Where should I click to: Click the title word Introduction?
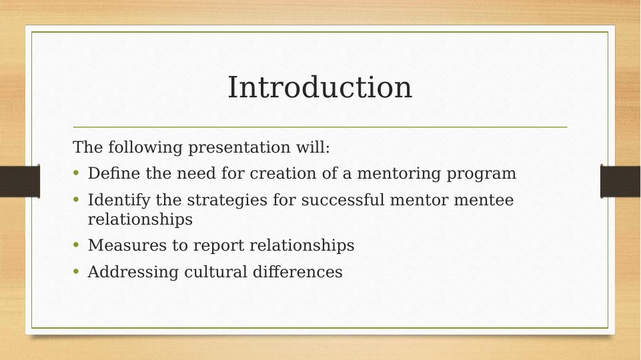[319, 87]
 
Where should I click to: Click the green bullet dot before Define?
[76, 174]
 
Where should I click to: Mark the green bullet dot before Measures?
[76, 245]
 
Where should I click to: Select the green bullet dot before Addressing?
[76, 272]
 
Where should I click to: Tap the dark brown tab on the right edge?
[620, 181]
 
